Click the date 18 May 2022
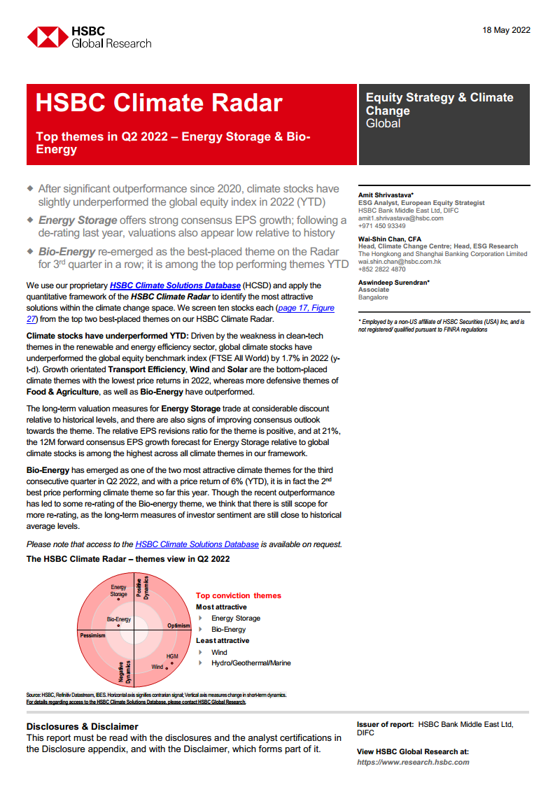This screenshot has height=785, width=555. tap(506, 30)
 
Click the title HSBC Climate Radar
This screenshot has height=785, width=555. tap(159, 103)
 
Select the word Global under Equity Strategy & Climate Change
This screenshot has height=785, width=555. tap(383, 124)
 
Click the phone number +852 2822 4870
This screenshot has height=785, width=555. tap(381, 269)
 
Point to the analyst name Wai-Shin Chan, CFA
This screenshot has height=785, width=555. tap(390, 239)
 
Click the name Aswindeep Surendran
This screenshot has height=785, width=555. tap(394, 283)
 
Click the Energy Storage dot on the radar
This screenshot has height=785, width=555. tap(119, 599)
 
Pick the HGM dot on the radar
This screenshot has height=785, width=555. tap(171, 663)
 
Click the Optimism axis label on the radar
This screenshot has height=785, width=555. tap(178, 625)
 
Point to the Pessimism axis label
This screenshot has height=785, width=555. tap(92, 636)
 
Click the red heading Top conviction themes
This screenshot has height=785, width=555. tap(238, 595)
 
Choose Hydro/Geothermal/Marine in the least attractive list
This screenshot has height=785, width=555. tap(251, 663)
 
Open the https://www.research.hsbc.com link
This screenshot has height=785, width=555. tap(413, 762)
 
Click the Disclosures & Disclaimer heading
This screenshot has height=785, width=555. tap(82, 726)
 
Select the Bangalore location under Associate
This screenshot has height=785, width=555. tap(373, 297)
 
